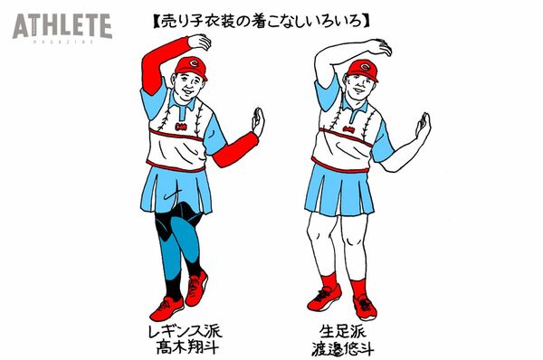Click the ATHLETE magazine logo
click(x=62, y=28)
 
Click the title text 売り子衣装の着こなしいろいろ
click(x=262, y=21)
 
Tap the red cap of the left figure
click(x=192, y=67)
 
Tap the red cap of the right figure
click(x=363, y=70)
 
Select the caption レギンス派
click(x=185, y=331)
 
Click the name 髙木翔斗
click(x=187, y=346)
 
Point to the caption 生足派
click(x=342, y=331)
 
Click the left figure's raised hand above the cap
click(x=199, y=42)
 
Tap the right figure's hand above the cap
click(x=379, y=47)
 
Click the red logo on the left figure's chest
click(x=181, y=127)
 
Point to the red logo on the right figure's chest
click(x=348, y=130)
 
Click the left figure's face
click(x=189, y=86)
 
